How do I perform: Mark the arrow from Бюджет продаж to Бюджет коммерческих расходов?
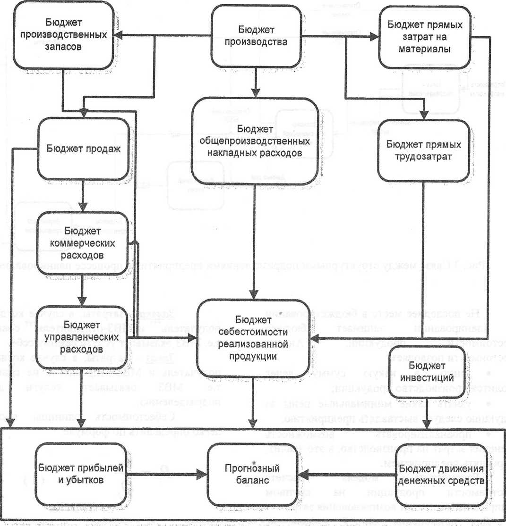coord(83,196)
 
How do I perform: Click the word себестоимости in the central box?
coord(256,332)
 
